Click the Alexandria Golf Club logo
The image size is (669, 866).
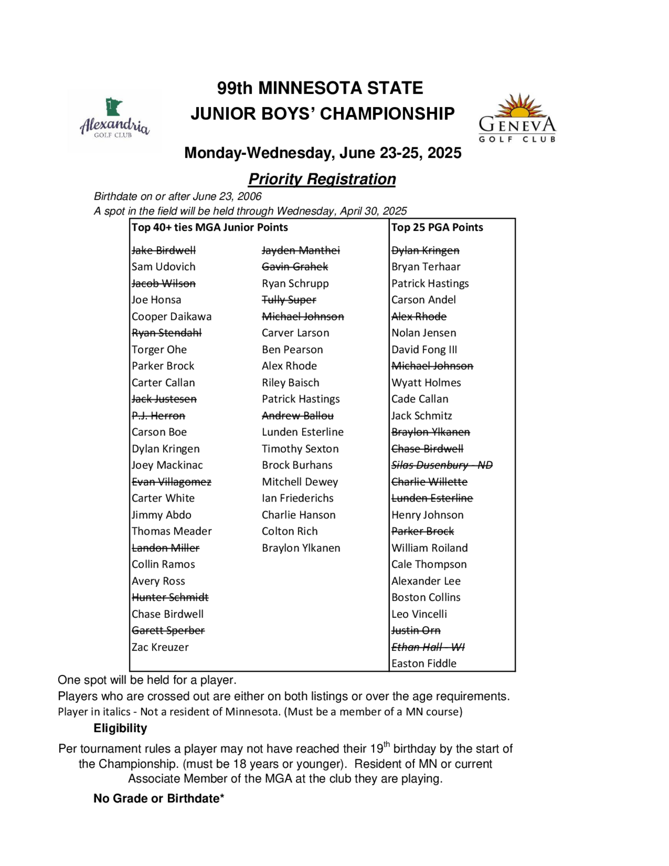pos(114,120)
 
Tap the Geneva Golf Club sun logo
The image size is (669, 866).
pos(517,118)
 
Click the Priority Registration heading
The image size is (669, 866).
pos(322,179)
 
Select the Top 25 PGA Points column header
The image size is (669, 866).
pos(437,228)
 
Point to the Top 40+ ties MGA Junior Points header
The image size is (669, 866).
pos(210,228)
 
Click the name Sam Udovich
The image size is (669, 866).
pos(163,267)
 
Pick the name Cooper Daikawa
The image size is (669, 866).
pos(172,317)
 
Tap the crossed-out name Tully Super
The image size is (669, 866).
pos(289,300)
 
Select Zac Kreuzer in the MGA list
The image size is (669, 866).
pos(160,647)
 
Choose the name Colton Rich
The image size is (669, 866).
pos(290,531)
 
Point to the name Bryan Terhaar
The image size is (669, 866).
pos(426,267)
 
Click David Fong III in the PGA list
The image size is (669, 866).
pos(424,350)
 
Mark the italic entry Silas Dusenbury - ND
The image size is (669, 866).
pos(442,465)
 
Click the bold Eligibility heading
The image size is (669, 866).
pos(120,728)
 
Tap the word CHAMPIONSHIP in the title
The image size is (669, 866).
pos(387,114)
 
